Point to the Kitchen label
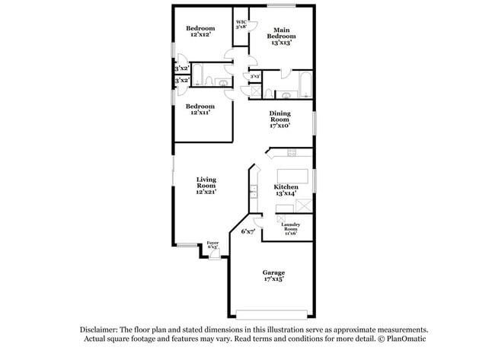(x=286, y=190)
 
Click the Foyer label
(x=212, y=245)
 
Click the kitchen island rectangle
(x=292, y=177)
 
